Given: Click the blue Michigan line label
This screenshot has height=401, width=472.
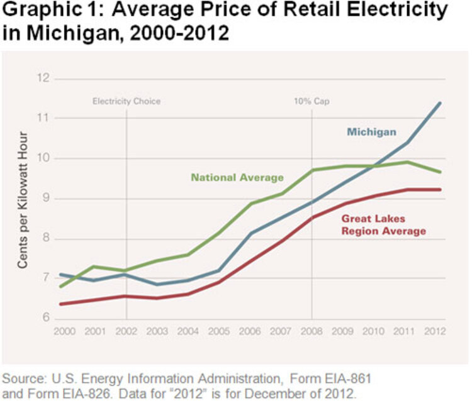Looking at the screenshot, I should [371, 132].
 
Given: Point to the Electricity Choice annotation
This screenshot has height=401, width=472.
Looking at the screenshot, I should [126, 101].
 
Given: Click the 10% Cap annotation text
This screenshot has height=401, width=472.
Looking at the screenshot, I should [312, 101].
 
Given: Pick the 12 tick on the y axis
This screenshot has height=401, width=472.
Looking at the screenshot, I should [43, 79].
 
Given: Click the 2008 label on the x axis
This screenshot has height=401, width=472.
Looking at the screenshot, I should [312, 331].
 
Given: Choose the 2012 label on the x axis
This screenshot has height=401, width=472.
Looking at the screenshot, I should [435, 331].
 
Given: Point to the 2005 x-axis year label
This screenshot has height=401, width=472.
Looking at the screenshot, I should [218, 331].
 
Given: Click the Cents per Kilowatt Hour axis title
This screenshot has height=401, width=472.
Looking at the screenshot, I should [23, 199].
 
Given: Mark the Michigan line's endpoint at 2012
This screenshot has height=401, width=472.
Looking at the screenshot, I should [439, 102].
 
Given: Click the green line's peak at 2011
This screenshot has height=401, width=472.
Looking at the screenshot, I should [408, 162].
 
